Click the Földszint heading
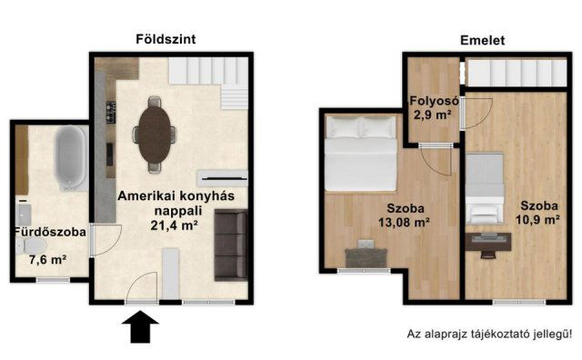tap(166, 39)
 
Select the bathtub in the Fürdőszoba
tap(69, 159)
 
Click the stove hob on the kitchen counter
tap(110, 110)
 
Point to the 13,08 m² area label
tap(401, 220)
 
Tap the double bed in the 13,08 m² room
tap(360, 149)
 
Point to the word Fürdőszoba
tap(50, 232)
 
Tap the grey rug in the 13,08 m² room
tap(367, 257)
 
